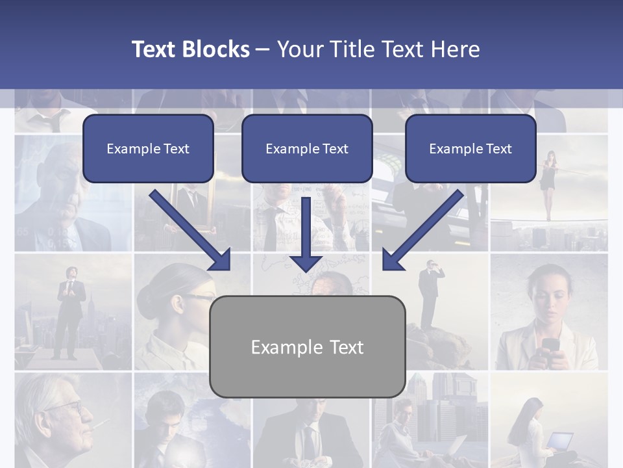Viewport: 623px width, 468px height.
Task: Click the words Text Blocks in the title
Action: click(190, 49)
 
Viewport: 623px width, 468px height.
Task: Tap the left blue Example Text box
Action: click(148, 149)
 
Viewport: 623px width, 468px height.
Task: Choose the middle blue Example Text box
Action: click(307, 149)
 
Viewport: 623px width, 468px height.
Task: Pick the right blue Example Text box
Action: click(470, 149)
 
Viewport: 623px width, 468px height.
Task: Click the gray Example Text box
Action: click(308, 347)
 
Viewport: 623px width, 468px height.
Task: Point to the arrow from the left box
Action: click(189, 229)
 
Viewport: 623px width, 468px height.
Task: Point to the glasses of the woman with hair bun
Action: click(199, 297)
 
